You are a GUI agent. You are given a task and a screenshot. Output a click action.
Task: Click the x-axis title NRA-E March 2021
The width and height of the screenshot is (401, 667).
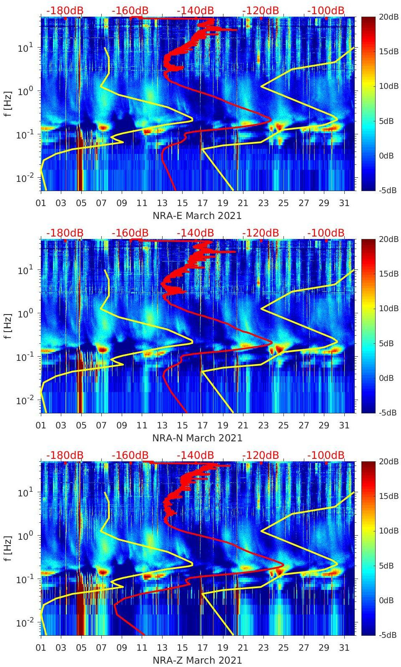pos(197,215)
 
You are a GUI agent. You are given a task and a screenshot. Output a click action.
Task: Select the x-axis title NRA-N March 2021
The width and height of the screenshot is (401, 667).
pos(197,438)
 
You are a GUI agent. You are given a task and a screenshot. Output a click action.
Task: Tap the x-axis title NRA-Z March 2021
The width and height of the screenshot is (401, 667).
pos(197,660)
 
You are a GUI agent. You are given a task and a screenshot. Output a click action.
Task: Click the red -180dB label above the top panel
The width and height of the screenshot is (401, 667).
pos(65,10)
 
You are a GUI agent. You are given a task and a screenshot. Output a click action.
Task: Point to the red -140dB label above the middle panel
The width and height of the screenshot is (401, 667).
pos(195,233)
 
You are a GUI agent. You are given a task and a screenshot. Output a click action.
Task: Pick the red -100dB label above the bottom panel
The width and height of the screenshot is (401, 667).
pos(326,455)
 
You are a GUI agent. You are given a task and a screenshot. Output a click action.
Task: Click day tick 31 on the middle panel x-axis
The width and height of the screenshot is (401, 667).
pos(344,425)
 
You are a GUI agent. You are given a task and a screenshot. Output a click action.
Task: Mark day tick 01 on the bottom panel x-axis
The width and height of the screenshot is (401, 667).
pos(41,648)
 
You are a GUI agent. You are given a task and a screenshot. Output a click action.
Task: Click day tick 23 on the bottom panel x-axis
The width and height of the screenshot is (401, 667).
pos(263,648)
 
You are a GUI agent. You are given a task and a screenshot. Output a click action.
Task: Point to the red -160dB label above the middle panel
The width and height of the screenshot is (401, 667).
pos(130,233)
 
